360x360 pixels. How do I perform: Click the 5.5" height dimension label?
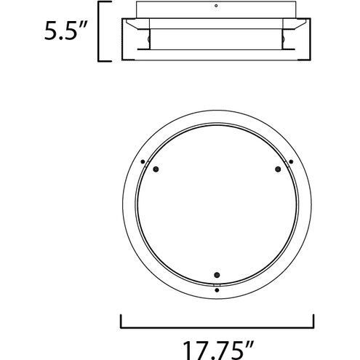coord(65,31)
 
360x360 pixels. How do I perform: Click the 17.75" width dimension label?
coord(217,351)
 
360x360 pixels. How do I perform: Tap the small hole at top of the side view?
coord(216,6)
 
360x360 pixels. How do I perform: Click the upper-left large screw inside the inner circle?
coord(156,169)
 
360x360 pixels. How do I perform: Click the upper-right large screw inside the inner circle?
coord(278,169)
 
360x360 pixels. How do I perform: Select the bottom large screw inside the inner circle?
coord(217,275)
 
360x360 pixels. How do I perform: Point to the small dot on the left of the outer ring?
coord(143,161)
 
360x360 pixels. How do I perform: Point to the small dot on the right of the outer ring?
coord(291,161)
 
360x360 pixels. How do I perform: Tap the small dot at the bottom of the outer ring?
coord(217,290)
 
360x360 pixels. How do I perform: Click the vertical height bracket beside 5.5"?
coord(98,31)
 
